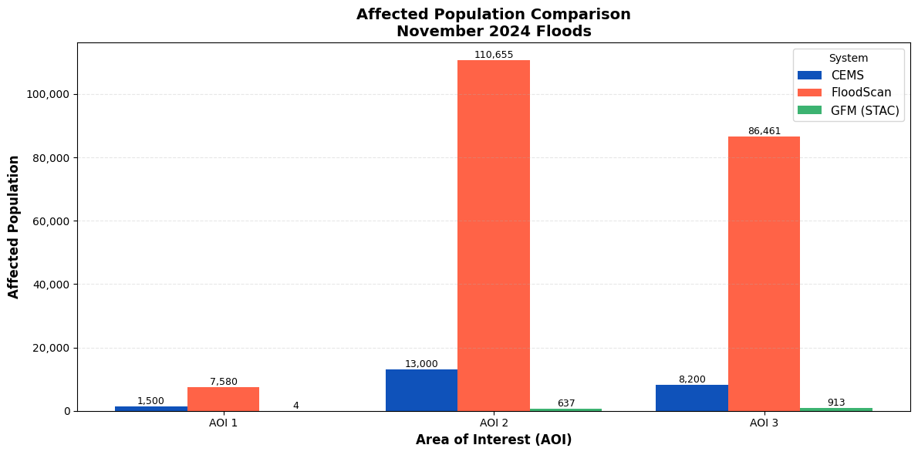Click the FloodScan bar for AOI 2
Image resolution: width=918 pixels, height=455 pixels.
click(494, 235)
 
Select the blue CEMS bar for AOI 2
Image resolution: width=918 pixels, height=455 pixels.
click(421, 390)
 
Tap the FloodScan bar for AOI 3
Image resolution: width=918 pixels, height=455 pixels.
click(764, 274)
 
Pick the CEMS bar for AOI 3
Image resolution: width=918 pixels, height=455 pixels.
click(692, 398)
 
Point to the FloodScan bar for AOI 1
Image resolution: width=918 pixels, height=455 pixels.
click(223, 399)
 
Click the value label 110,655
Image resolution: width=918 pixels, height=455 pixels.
click(494, 55)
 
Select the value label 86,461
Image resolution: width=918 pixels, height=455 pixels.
click(764, 130)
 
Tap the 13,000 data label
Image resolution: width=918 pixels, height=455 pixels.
click(421, 364)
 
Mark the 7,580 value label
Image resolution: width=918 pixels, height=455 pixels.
click(223, 381)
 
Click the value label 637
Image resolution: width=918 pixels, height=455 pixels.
click(566, 403)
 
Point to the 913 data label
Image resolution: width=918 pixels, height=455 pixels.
click(836, 403)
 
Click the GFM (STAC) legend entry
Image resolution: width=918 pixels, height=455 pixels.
click(848, 110)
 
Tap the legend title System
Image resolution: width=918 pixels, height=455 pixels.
click(849, 58)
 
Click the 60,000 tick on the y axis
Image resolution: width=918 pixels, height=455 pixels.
click(52, 221)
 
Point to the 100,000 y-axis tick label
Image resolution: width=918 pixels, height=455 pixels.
click(49, 94)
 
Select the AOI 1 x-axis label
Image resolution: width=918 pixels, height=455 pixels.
click(223, 423)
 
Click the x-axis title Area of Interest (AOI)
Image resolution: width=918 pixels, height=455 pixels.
click(494, 439)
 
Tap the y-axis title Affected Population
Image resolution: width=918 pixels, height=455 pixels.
click(13, 227)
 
